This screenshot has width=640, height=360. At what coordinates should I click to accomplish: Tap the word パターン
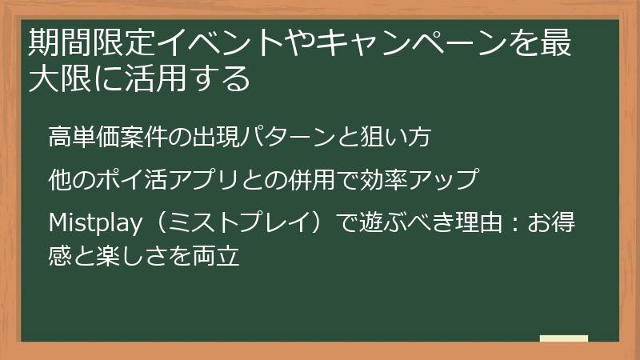(x=277, y=138)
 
